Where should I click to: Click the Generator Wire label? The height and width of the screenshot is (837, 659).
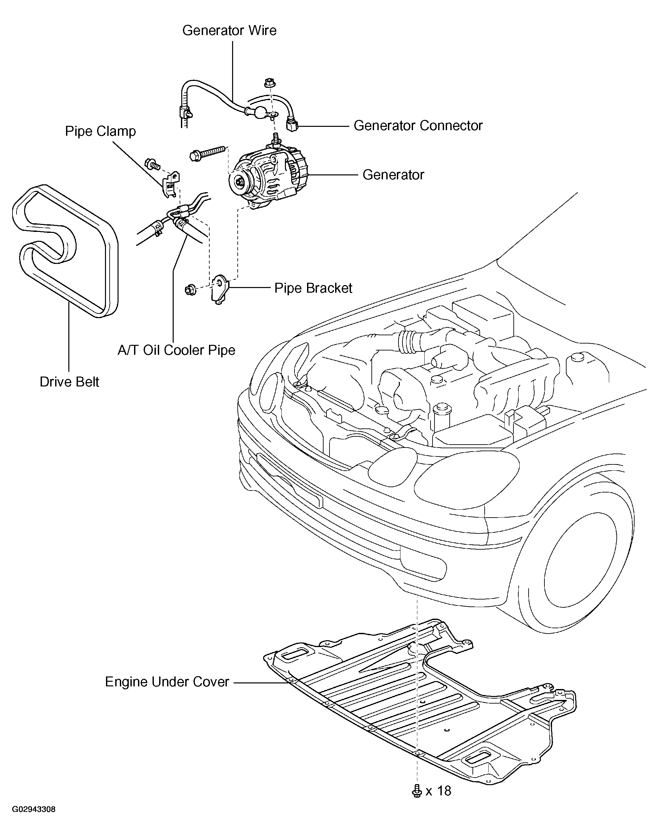click(229, 30)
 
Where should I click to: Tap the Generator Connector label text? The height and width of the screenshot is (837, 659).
click(418, 126)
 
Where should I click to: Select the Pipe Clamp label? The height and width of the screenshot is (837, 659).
click(100, 131)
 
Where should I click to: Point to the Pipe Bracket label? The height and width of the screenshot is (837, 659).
click(313, 288)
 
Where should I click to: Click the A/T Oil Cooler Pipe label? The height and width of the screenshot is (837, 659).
click(176, 350)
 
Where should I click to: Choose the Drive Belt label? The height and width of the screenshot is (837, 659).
click(69, 382)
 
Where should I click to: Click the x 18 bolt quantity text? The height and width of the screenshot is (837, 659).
click(438, 791)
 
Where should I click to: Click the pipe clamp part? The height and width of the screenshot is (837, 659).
click(171, 184)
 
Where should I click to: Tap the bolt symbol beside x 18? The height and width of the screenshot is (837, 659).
click(417, 791)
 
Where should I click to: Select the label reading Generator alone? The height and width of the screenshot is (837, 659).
click(393, 175)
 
